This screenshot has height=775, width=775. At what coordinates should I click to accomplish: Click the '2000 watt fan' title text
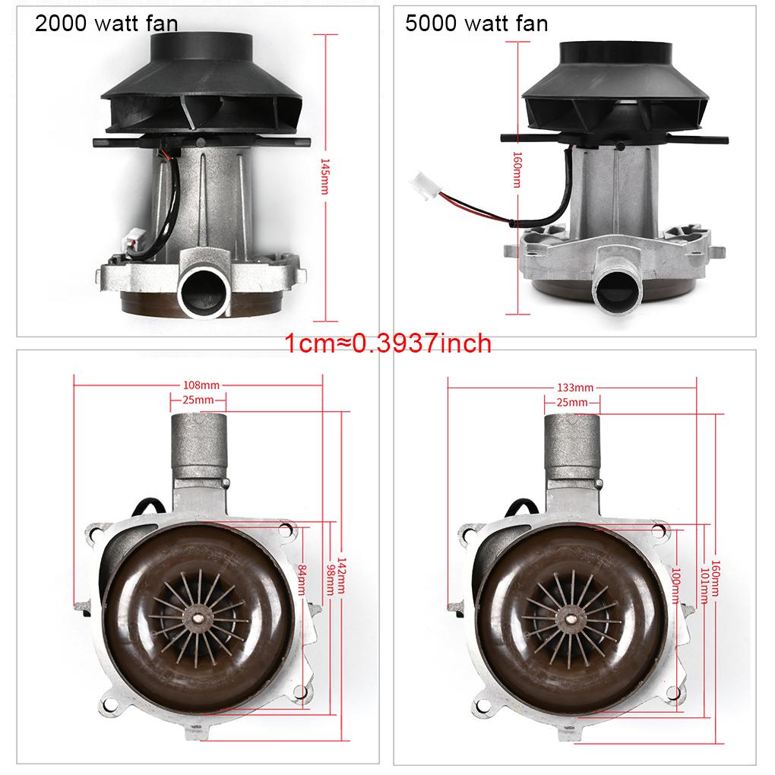coord(106,24)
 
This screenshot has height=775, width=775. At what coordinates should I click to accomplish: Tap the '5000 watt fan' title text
coord(476,24)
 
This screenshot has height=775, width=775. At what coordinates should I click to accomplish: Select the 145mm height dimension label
coord(324,176)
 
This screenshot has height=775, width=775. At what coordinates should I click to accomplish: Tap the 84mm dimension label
coord(302,580)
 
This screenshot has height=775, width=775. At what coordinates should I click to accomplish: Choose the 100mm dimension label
coord(675,586)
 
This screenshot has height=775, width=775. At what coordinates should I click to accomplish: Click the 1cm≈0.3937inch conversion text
coord(388,343)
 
